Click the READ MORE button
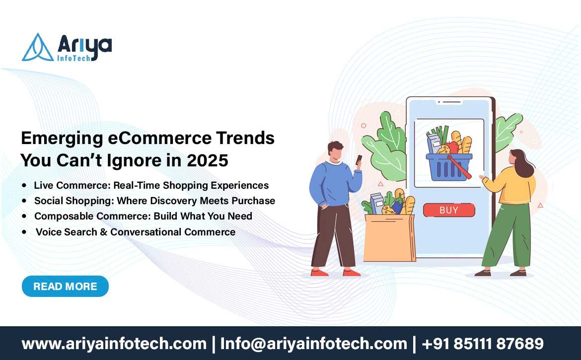coord(65,287)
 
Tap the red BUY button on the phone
coord(449,210)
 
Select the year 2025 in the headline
coord(208,160)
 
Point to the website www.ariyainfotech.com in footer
coord(114,344)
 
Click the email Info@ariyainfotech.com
coord(313,344)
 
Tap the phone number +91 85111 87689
coord(483,344)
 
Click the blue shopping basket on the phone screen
coord(449,167)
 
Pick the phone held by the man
coord(359,159)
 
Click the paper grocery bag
coord(389,238)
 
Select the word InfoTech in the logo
coord(73,58)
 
